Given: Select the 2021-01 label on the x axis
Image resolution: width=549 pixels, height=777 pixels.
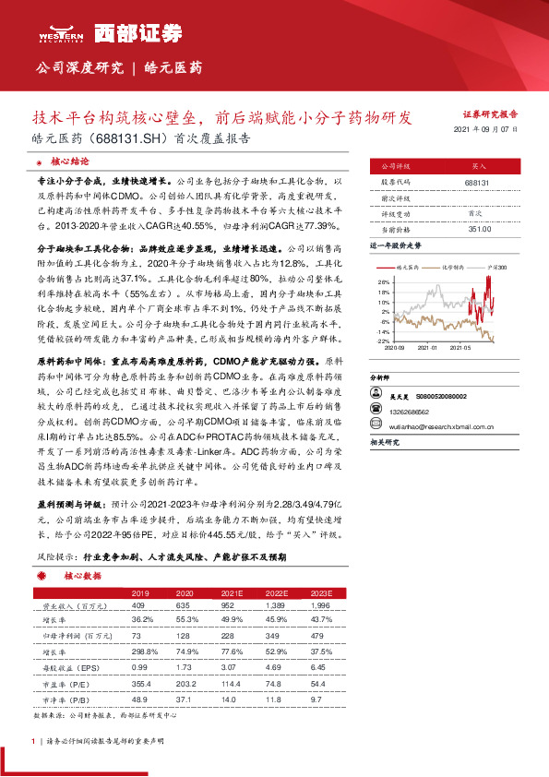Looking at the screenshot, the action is pyautogui.click(x=426, y=349).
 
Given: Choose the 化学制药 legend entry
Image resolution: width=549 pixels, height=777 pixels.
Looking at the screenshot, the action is pyautogui.click(x=454, y=265).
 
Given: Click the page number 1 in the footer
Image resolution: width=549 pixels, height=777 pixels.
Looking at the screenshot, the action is pyautogui.click(x=34, y=741).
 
